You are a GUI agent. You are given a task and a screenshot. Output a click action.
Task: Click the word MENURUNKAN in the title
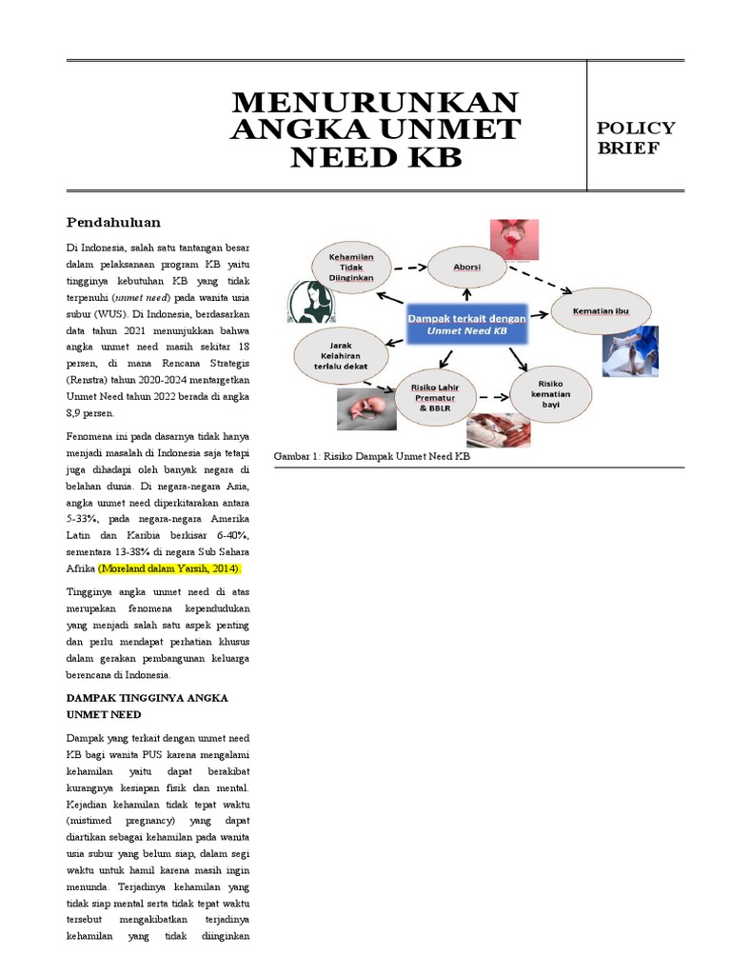(375, 101)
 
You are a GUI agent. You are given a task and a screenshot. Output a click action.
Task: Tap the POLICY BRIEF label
(636, 137)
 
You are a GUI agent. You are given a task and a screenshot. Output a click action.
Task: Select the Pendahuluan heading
(113, 223)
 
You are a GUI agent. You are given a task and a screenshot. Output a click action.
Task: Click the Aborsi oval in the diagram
(467, 269)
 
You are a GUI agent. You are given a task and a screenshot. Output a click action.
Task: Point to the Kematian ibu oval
(600, 312)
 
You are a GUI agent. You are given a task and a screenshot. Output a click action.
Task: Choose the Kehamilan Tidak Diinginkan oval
(351, 268)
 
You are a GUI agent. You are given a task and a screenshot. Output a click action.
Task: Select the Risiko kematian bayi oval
(551, 392)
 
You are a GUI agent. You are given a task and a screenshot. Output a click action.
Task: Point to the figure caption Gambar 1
(372, 457)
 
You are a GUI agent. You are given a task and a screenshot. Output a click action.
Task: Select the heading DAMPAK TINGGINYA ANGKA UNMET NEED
(147, 706)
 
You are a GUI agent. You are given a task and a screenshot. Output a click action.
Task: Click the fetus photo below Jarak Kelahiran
(365, 409)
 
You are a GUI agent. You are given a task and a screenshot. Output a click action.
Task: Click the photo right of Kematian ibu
(630, 350)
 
